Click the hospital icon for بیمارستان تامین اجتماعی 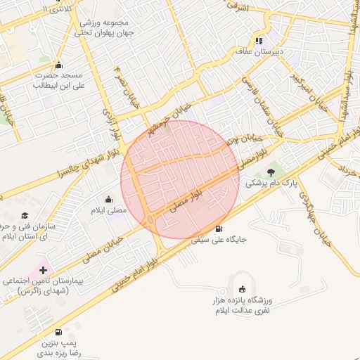pyautogui.click(x=42, y=270)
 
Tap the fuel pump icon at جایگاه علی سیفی pyautogui.click(x=219, y=229)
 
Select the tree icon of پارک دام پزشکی pyautogui.click(x=271, y=172)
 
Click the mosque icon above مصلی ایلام pyautogui.click(x=108, y=200)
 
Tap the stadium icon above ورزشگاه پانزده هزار pyautogui.click(x=243, y=288)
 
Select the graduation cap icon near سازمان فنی pyautogui.click(x=25, y=215)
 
